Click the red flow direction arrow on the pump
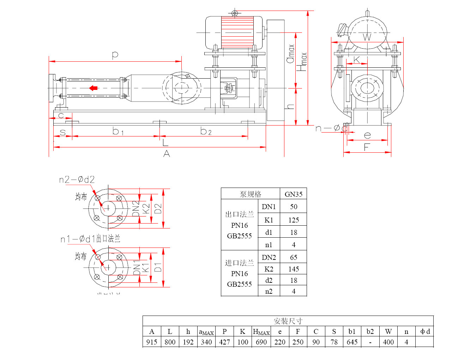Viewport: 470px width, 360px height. (x=93, y=88)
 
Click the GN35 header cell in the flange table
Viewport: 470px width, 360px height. (x=293, y=194)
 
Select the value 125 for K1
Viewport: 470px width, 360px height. (x=293, y=220)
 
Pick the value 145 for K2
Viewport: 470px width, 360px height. (x=293, y=269)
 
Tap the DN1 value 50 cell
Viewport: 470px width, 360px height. (x=293, y=207)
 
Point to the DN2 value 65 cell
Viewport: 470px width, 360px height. (x=293, y=257)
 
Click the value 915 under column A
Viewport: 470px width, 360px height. (x=152, y=342)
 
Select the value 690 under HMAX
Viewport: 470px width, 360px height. (x=261, y=342)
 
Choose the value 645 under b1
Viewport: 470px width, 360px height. (x=352, y=342)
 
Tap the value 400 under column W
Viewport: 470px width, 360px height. (x=388, y=342)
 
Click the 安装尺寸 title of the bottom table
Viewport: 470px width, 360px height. (x=288, y=321)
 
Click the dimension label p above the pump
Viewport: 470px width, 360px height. (x=115, y=55)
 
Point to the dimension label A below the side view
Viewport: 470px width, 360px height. (x=167, y=154)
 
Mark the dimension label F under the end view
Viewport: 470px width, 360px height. (x=367, y=147)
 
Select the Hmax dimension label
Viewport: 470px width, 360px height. (x=302, y=62)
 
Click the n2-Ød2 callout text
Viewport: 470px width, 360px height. (x=77, y=180)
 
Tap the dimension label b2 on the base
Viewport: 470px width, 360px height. (x=206, y=132)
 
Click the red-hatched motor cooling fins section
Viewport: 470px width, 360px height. (x=237, y=32)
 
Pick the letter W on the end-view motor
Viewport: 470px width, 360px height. (x=367, y=37)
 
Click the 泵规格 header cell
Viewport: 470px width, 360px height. (x=250, y=194)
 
